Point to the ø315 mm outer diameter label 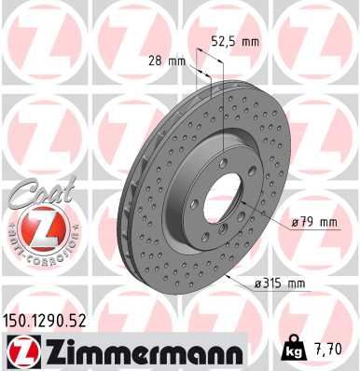[282, 282]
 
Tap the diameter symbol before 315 [258, 282]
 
